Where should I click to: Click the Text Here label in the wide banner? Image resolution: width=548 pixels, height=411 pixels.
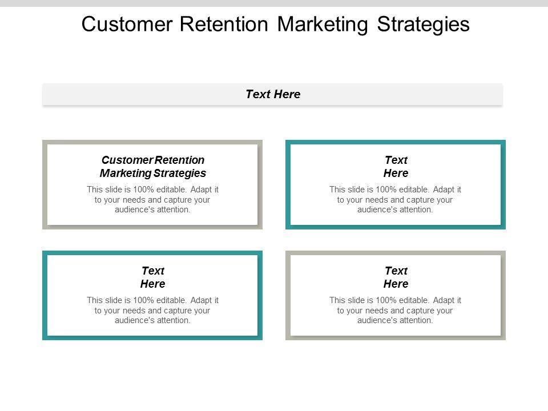[273, 94]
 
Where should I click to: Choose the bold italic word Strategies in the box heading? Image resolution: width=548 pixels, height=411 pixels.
[179, 173]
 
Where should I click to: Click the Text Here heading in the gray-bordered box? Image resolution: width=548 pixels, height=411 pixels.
[396, 277]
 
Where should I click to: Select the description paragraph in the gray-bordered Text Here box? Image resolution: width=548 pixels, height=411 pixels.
[396, 310]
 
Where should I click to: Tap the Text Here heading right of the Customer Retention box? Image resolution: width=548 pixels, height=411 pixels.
[396, 166]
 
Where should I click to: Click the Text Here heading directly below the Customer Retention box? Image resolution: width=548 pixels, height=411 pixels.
[152, 277]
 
